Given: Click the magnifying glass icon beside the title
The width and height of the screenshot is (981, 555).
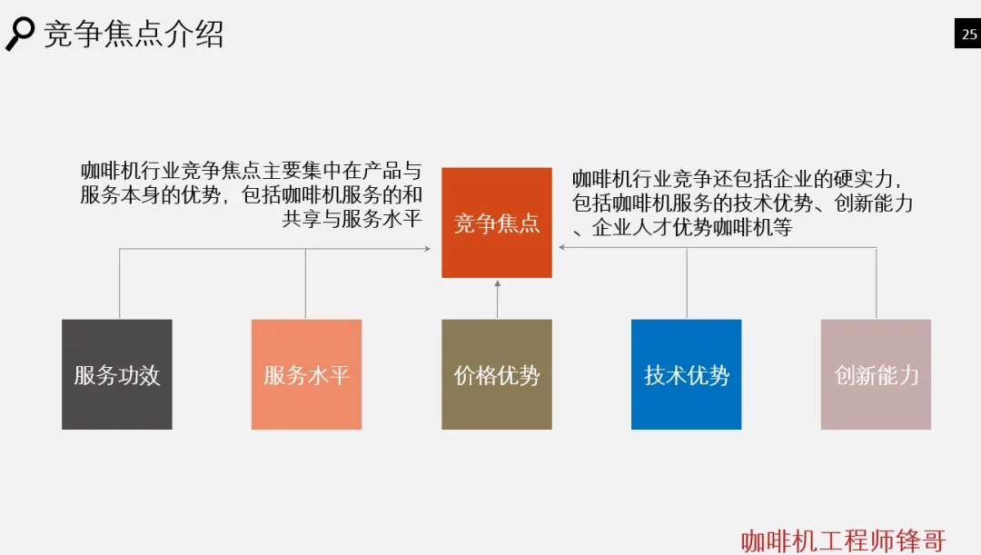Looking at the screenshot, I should (x=19, y=34).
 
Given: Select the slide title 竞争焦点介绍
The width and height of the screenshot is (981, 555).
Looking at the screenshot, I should (x=134, y=34).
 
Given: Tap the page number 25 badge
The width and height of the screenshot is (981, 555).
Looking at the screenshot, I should (x=968, y=35).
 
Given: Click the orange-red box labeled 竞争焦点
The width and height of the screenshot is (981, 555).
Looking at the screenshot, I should (x=496, y=223).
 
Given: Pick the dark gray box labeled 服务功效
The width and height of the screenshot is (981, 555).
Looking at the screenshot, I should (x=116, y=374).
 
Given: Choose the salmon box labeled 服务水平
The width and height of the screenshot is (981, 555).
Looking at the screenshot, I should (x=306, y=374).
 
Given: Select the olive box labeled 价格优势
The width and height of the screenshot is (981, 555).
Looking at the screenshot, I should (x=496, y=374).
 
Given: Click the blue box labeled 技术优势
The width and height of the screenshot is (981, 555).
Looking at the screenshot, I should (x=686, y=374).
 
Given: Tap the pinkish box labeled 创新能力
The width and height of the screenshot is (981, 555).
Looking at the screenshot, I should (x=876, y=374).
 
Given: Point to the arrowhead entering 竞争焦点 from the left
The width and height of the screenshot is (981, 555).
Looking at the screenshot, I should (x=427, y=248).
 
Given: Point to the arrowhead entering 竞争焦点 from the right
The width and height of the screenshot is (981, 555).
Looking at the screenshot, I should (x=564, y=247).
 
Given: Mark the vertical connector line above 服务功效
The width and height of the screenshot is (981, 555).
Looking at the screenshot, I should (x=120, y=283).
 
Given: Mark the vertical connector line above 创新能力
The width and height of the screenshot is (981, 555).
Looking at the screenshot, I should (x=877, y=283).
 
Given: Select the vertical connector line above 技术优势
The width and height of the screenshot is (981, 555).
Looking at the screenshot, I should (x=687, y=283).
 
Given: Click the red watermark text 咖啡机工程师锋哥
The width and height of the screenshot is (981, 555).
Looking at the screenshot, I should (x=844, y=540).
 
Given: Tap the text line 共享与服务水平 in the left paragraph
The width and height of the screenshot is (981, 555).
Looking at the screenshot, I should (x=352, y=219).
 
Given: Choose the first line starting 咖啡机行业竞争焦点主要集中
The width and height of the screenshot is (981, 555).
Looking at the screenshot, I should (x=252, y=171).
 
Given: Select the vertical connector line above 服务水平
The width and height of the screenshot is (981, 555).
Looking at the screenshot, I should (x=305, y=283).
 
